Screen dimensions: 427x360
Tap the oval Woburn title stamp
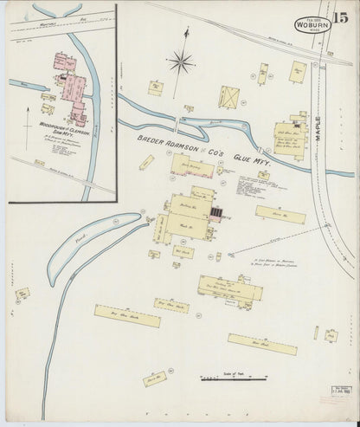310,25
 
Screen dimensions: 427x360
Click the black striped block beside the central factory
216,210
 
